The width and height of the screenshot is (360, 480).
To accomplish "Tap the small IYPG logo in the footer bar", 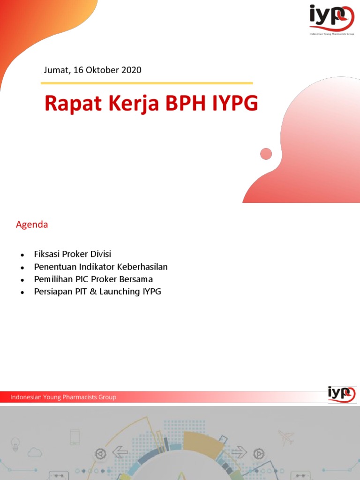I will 342,394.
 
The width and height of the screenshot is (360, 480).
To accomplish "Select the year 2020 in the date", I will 131,70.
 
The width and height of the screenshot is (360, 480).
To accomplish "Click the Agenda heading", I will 32,225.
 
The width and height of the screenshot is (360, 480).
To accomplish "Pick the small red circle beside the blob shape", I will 266,154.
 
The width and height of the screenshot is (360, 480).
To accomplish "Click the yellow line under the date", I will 147,83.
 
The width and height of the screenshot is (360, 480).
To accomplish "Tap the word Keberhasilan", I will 142,267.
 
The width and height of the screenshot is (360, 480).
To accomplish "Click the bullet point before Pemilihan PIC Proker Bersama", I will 22,280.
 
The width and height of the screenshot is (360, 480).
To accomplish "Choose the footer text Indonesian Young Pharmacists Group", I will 63,397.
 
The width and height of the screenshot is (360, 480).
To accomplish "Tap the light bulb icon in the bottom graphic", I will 15,443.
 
